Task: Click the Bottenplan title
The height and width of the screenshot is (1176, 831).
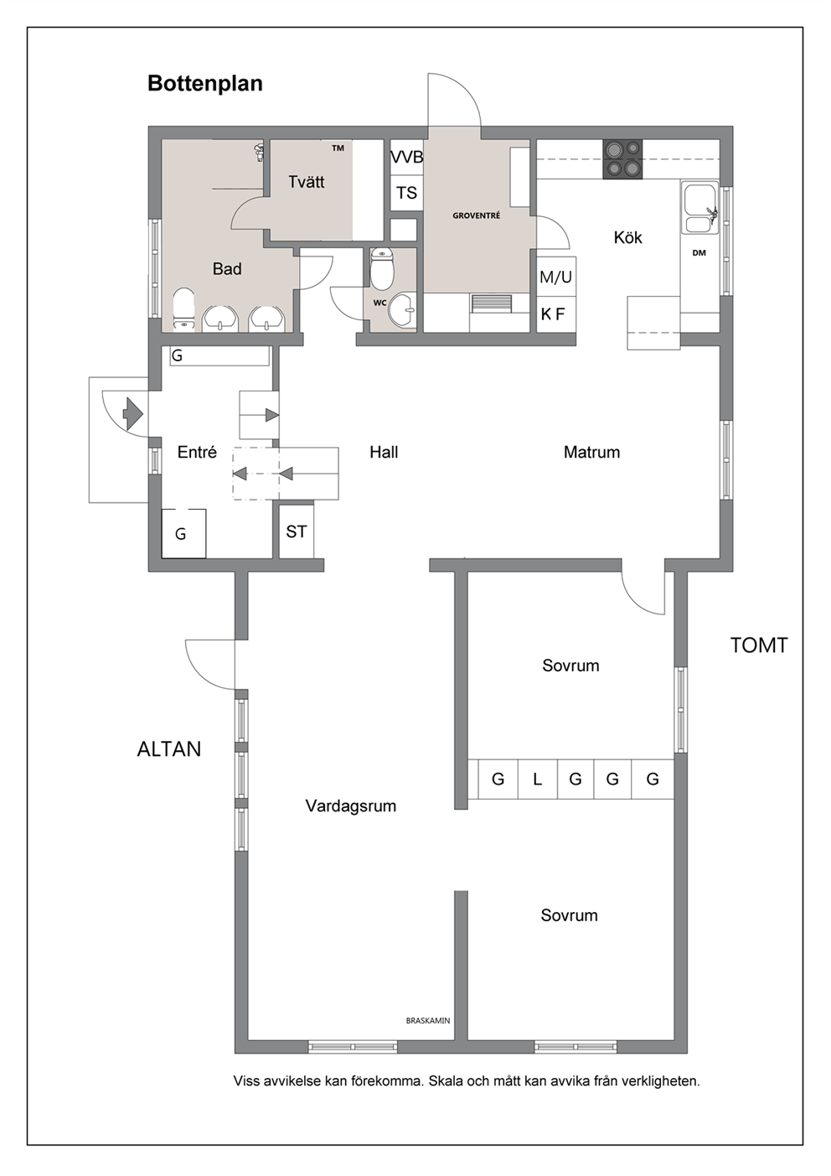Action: [x=205, y=84]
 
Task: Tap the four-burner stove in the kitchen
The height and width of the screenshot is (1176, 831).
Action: [x=622, y=159]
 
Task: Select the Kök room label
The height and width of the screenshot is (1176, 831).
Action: [x=628, y=237]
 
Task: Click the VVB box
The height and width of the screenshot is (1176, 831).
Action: [x=406, y=157]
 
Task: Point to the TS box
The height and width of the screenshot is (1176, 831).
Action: [x=406, y=193]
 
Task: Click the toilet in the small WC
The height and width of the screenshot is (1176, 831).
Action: [x=381, y=268]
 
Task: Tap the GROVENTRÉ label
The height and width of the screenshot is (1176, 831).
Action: [x=477, y=215]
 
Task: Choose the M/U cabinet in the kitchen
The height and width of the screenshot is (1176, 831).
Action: [x=556, y=277]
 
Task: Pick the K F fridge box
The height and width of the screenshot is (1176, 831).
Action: [x=556, y=314]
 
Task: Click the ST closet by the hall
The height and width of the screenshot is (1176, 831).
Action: [x=297, y=531]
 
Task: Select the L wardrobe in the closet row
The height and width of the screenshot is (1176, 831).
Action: [x=538, y=779]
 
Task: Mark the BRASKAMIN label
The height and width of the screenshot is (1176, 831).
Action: [x=428, y=1021]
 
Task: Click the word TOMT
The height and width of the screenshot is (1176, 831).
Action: [x=759, y=645]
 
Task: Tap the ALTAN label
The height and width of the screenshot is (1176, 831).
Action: [x=169, y=749]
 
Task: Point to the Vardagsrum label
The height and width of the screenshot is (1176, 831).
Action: [x=351, y=806]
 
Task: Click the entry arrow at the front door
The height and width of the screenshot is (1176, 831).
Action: [x=132, y=414]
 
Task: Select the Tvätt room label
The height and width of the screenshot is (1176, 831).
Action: [x=307, y=182]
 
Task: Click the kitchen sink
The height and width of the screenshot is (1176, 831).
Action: [x=699, y=207]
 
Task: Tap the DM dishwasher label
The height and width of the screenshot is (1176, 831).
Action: [x=699, y=253]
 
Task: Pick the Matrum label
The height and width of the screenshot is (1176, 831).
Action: [x=591, y=452]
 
